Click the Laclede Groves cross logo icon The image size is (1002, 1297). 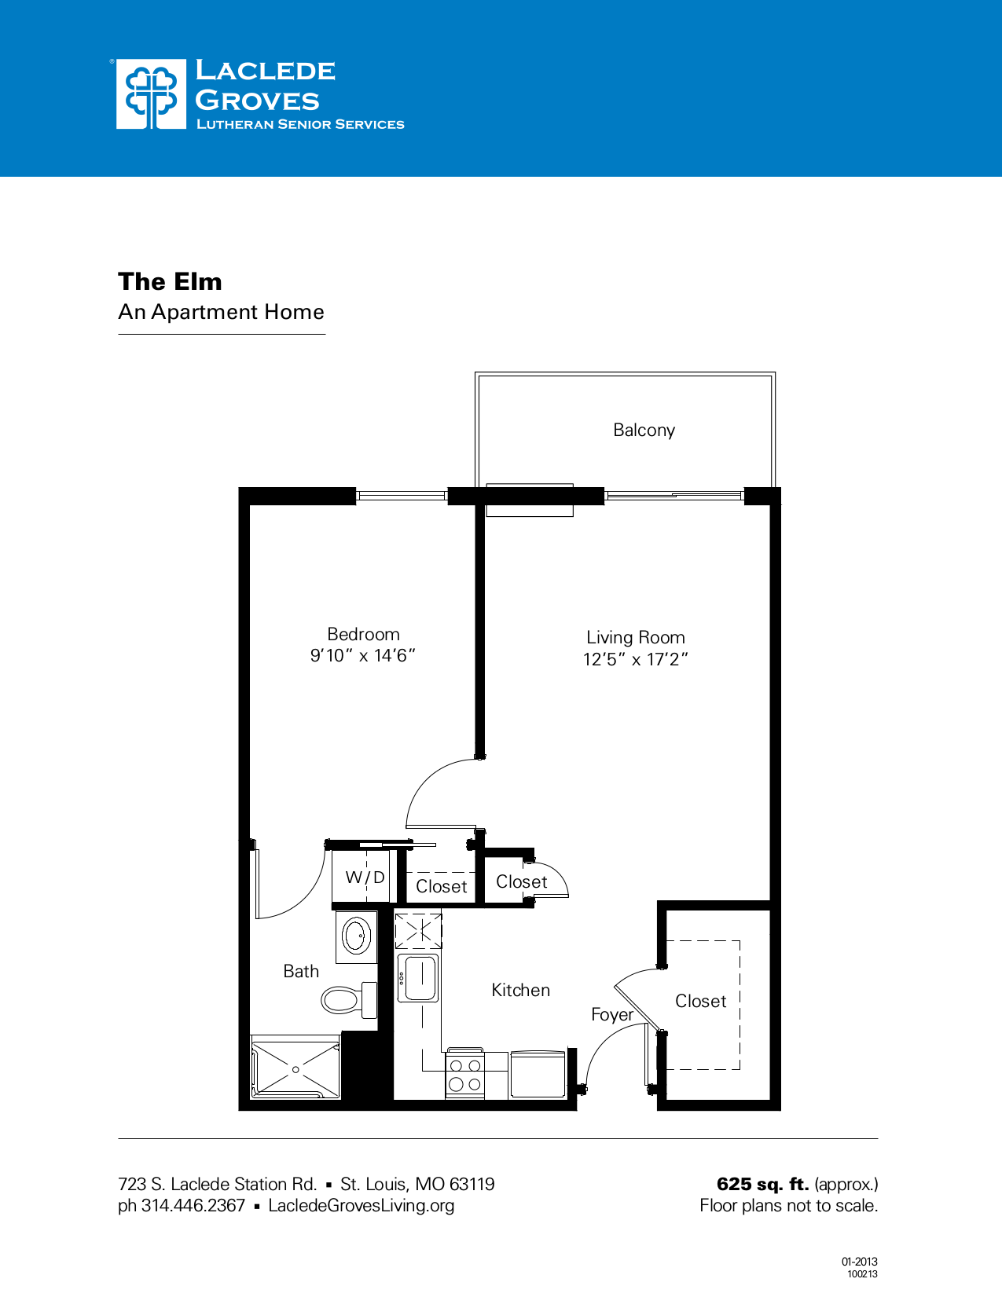tap(151, 94)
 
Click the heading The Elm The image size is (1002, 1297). tap(170, 281)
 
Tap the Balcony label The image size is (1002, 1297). tap(644, 430)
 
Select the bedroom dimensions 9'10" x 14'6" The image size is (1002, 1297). tap(362, 655)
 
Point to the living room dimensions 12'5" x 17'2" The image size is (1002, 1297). tap(635, 659)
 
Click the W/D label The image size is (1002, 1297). tap(365, 877)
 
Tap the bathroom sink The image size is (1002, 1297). tap(356, 936)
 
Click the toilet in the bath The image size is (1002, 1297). tap(346, 1000)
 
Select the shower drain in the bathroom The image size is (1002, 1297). tap(295, 1069)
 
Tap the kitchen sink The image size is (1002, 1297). tap(418, 978)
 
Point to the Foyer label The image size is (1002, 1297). tap(611, 1014)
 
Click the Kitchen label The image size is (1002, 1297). tap(520, 990)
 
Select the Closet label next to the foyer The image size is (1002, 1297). tap(700, 1001)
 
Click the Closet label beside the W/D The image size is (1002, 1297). tap(441, 886)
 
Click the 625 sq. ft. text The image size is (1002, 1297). tap(762, 1184)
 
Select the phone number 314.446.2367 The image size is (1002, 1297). tap(193, 1205)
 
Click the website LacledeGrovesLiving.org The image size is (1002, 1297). tap(361, 1205)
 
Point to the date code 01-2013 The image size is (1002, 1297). tap(859, 1262)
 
